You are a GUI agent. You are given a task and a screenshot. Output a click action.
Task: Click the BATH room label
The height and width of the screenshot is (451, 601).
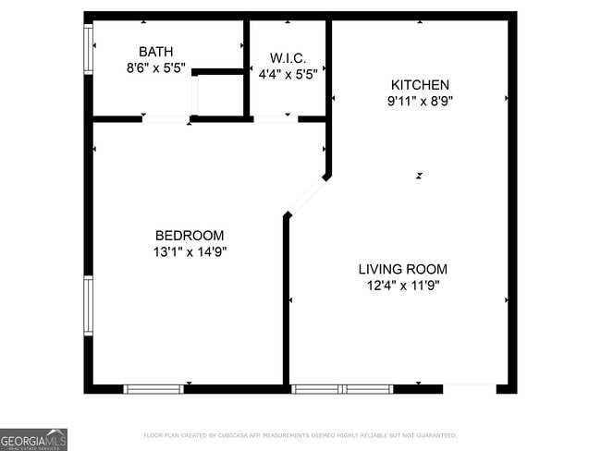[155, 52]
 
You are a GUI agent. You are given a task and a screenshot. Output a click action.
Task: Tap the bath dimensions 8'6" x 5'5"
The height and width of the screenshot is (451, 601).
[155, 67]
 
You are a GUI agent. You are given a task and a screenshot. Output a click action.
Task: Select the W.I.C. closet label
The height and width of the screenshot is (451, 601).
[287, 57]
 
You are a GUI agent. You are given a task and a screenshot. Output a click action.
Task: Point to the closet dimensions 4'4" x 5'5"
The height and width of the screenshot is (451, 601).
[287, 73]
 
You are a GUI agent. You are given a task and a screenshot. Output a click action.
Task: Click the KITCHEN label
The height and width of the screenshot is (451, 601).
[419, 85]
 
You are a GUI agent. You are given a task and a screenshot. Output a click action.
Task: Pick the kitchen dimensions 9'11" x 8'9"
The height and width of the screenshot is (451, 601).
[419, 101]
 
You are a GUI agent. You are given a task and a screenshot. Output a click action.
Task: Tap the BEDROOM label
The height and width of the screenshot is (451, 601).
[189, 236]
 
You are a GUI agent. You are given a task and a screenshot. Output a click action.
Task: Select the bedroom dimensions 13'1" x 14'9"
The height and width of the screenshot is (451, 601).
[189, 251]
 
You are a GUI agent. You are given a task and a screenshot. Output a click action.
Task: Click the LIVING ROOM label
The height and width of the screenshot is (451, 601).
[402, 269]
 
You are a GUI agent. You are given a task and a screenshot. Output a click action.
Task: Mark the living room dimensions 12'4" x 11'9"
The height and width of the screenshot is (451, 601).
[402, 286]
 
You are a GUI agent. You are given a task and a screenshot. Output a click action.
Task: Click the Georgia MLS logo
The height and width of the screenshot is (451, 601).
[34, 439]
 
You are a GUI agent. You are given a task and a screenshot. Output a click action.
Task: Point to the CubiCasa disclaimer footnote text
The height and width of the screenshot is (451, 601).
[300, 435]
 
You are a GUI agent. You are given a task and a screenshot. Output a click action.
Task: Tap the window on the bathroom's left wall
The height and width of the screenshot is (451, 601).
[89, 49]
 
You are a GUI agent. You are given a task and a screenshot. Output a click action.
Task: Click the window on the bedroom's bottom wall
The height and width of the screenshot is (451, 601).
[153, 389]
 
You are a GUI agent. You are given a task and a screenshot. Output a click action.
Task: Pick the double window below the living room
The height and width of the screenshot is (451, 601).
[342, 389]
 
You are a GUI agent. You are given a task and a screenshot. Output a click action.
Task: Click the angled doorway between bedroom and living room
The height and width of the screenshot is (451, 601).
[306, 196]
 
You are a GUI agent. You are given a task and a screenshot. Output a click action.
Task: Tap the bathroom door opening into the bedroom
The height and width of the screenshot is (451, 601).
[166, 118]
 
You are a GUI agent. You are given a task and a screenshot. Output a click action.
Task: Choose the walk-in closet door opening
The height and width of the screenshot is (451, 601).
[275, 118]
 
